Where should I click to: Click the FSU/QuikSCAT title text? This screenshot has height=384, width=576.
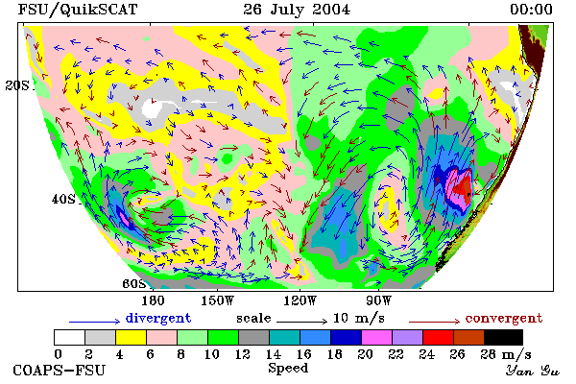78,10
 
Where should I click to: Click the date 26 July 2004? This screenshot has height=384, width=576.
297,10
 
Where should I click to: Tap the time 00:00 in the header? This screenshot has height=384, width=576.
531,10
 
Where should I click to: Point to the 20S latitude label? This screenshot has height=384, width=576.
17,85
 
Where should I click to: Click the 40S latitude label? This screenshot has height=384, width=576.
63,199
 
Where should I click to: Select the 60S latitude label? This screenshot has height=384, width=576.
134,284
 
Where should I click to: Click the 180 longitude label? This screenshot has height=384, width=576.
153,300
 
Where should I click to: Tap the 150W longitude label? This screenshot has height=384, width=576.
218,300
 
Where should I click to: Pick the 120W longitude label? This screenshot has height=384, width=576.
300,300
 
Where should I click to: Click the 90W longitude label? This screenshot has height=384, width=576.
378,300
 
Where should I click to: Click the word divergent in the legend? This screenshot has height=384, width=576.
158,318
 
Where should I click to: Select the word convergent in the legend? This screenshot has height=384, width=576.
504,318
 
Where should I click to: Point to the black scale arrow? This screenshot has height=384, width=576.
302,322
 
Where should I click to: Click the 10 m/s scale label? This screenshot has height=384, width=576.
359,318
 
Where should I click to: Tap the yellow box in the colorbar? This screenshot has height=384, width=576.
132,337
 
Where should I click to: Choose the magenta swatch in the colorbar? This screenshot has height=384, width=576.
377,337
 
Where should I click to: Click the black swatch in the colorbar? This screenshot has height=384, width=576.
504,337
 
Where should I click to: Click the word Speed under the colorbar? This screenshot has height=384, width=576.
288,369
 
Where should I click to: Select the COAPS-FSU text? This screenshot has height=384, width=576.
60,370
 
